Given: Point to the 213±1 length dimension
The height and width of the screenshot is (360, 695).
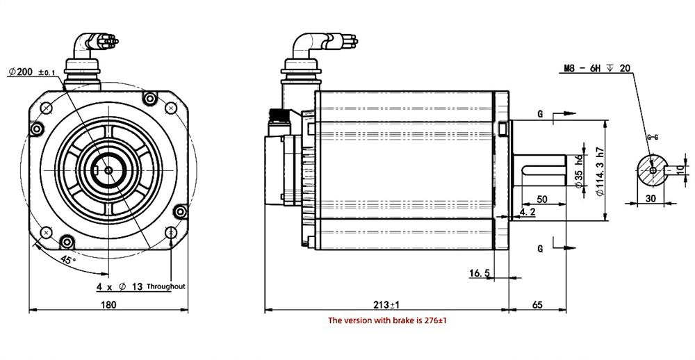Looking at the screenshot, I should [x=386, y=304].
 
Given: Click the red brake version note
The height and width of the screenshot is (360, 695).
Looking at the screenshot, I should [x=386, y=320].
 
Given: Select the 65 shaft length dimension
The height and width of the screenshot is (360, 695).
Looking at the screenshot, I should [x=537, y=304].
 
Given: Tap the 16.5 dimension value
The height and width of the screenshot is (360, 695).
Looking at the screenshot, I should [x=480, y=274].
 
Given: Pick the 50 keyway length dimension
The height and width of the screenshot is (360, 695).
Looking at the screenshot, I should [x=542, y=199].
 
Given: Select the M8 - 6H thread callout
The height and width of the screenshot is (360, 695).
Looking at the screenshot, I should [x=596, y=68].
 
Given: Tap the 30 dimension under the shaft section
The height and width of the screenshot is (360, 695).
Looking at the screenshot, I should [x=652, y=198].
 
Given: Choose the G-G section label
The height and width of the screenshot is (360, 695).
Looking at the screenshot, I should [x=652, y=138].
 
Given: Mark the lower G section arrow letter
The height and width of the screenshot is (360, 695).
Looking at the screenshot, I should [x=539, y=248].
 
